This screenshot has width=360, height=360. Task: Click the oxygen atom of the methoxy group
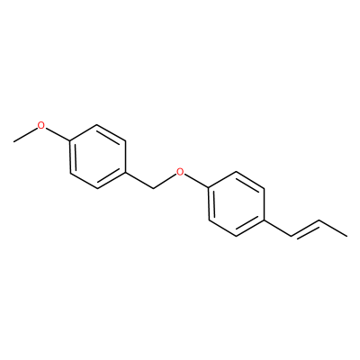(x=41, y=125)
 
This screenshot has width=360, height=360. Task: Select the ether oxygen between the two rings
(x=180, y=172)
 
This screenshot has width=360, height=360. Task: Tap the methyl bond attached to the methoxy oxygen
(x=25, y=135)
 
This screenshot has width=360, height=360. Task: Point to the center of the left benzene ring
(x=97, y=157)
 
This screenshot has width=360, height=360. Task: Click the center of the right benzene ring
(x=236, y=204)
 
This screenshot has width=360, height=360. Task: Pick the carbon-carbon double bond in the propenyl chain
(x=305, y=229)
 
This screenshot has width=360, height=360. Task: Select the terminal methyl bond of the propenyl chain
(x=333, y=229)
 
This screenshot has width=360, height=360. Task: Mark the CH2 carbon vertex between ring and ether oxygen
(x=153, y=188)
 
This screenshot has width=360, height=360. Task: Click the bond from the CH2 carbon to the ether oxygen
(x=165, y=182)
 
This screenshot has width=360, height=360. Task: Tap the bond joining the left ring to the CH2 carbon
(x=139, y=180)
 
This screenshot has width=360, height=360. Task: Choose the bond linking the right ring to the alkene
(x=278, y=228)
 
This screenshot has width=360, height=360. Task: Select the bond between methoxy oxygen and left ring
(x=57, y=133)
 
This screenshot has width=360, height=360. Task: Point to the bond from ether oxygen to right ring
(x=196, y=181)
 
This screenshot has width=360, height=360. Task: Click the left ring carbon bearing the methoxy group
(x=69, y=140)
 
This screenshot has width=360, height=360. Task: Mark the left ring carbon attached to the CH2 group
(x=125, y=172)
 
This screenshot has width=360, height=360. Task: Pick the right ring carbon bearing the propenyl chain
(x=264, y=220)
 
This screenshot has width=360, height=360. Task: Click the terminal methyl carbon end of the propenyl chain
(x=346, y=237)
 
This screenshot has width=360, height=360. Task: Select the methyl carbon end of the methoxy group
(x=13, y=141)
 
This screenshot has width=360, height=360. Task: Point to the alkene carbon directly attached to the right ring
(x=292, y=236)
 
